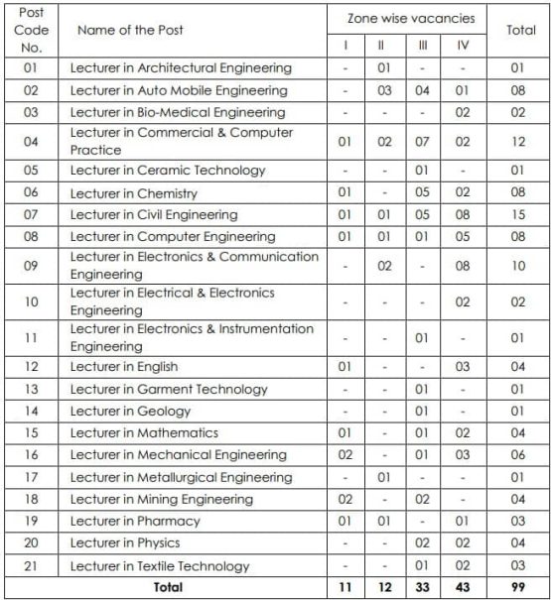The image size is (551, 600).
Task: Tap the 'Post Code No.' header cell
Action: [x=31, y=30]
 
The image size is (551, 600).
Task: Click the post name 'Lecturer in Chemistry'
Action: [x=134, y=192]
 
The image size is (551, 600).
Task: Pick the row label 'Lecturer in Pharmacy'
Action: [x=135, y=521]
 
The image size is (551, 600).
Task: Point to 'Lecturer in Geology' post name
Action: [x=131, y=411]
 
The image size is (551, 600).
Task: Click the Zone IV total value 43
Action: [x=463, y=588]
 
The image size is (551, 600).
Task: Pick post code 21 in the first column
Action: [x=31, y=565]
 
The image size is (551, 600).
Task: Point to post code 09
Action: [x=31, y=266]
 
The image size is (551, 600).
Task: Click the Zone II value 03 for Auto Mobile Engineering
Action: [x=381, y=89]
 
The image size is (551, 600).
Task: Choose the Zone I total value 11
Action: [x=344, y=588]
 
